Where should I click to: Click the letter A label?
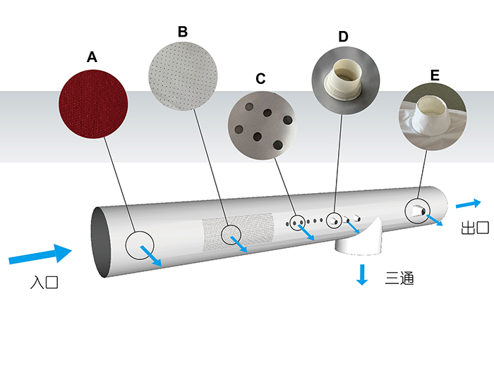(x=92, y=57)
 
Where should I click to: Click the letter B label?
(x=183, y=32)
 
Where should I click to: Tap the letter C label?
(x=260, y=78)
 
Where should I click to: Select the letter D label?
(x=343, y=36)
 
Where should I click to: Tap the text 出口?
(x=475, y=228)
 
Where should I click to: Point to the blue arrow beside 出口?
(x=468, y=204)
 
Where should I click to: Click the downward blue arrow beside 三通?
(x=362, y=274)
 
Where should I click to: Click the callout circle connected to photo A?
(x=140, y=245)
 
